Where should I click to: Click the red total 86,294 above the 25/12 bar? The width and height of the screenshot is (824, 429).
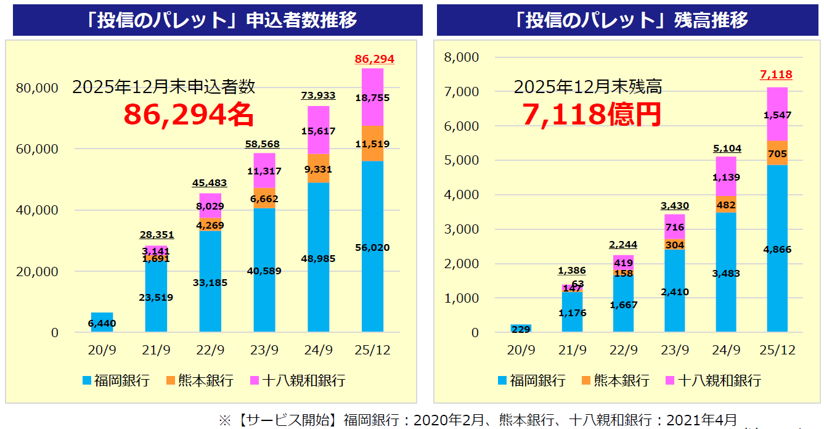[x=374, y=59]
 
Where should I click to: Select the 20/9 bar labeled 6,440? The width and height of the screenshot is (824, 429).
[x=102, y=322]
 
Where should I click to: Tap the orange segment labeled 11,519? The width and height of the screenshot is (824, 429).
[x=372, y=144]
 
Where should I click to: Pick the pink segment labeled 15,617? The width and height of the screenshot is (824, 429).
[x=318, y=130]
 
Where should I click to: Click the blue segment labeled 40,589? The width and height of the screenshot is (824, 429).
[x=264, y=270]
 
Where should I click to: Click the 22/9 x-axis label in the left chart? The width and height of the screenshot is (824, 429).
[x=210, y=350]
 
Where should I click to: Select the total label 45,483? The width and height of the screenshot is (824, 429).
[x=210, y=183]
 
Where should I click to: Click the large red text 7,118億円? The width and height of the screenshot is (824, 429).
[x=592, y=115]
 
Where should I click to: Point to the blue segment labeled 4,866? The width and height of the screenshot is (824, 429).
[x=777, y=249]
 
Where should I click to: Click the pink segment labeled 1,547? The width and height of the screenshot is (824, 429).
[x=777, y=115]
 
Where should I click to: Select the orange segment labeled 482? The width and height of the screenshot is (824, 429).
[x=726, y=205]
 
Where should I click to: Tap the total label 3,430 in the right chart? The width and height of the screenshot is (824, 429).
[x=674, y=206]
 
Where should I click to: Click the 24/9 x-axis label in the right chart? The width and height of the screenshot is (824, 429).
[x=726, y=350]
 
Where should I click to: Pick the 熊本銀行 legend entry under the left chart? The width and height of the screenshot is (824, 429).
[x=199, y=380]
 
